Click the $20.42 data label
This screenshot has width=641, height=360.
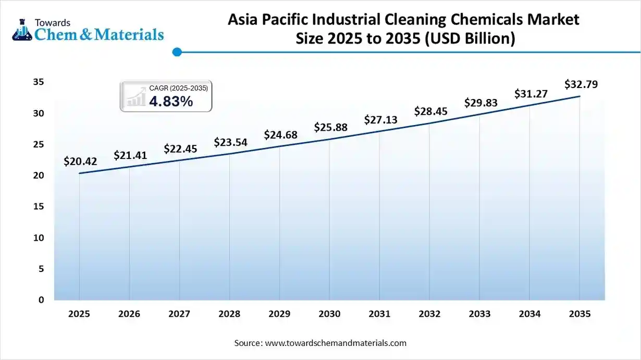(80, 162)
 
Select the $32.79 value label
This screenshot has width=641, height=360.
(580, 84)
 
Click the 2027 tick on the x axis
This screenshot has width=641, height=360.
(179, 314)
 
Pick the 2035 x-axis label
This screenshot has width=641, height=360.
(580, 314)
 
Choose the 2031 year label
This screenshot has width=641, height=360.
(379, 314)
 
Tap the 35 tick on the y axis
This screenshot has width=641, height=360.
(38, 82)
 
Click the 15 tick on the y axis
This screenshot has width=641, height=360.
(38, 207)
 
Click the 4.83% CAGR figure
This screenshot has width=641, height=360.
(171, 102)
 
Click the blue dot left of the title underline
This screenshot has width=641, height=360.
(177, 52)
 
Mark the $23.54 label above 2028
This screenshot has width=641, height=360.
(230, 142)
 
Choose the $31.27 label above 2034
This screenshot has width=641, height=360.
(530, 94)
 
